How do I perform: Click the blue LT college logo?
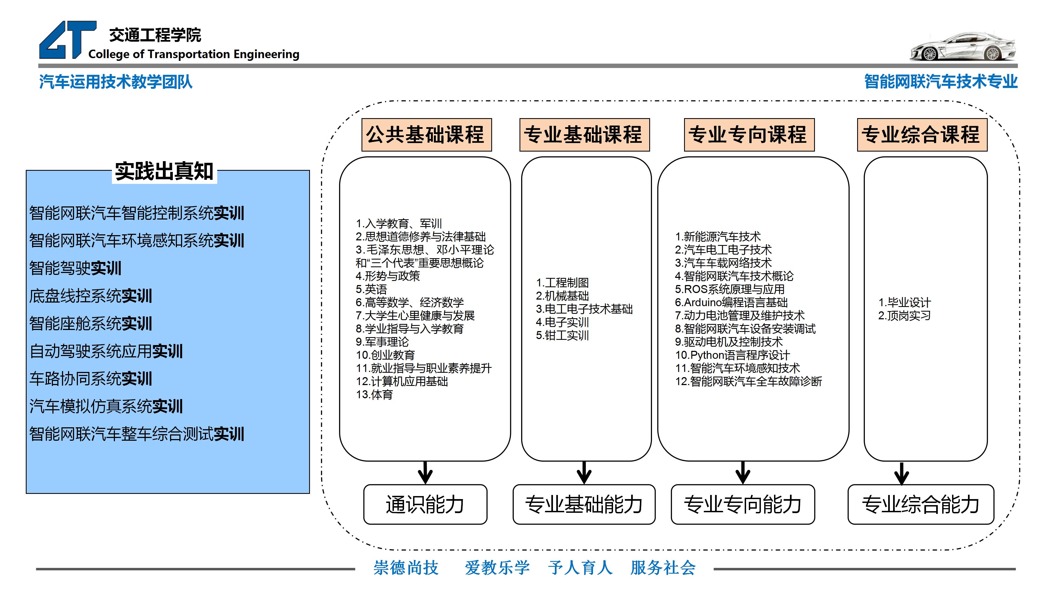coord(67,40)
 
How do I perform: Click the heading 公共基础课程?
coord(426,135)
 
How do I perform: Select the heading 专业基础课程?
coord(584,135)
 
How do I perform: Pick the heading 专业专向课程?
coord(749,135)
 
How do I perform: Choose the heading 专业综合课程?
coord(922,135)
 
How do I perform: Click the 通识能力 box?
coord(425,504)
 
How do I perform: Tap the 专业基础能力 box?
coord(584,504)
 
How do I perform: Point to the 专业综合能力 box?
coord(921,504)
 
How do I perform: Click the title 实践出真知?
coord(164,171)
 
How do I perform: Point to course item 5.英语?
coord(371,289)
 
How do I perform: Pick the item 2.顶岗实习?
coord(904,316)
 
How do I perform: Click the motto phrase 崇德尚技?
coord(406,568)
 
